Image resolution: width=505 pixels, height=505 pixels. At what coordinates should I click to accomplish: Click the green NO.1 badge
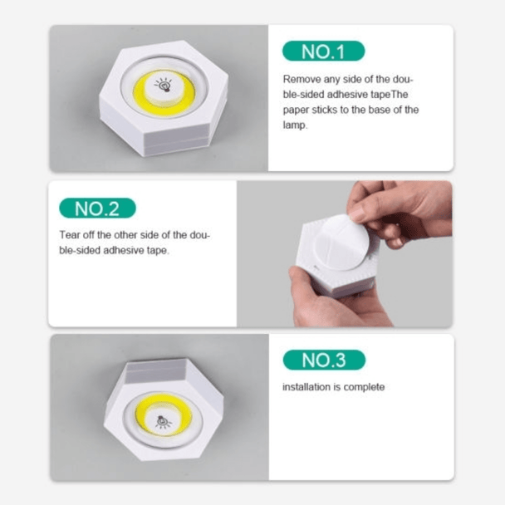(x=322, y=51)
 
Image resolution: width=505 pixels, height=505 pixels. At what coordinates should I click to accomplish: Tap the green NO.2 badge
(x=98, y=208)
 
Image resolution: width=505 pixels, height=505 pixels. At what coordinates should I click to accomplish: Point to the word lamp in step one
(x=296, y=125)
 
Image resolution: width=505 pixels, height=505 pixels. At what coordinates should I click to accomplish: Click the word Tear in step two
(x=71, y=235)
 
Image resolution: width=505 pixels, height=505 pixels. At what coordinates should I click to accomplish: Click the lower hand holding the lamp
(x=332, y=299)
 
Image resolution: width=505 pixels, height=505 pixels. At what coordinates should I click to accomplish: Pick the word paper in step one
(x=297, y=110)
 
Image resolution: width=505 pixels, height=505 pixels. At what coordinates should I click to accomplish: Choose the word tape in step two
(x=157, y=250)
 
